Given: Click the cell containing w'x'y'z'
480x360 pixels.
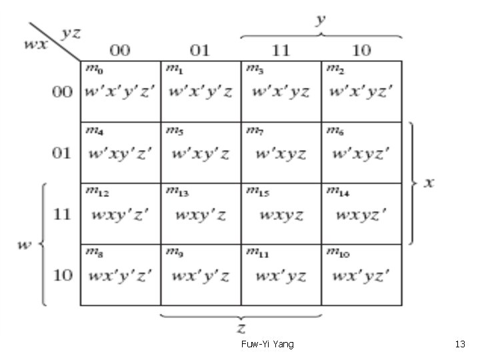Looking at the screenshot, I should [x=120, y=92].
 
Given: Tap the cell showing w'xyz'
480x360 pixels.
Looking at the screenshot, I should [x=361, y=153].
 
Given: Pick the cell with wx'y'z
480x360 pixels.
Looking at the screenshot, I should [x=201, y=275].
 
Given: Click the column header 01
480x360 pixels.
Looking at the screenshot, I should [x=201, y=51].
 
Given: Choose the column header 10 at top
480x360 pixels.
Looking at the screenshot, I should [x=361, y=51].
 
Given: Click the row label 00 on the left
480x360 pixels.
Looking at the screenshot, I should [x=62, y=92].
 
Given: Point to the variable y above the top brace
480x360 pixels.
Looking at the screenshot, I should [x=321, y=20].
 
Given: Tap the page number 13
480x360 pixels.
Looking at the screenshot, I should [x=459, y=344].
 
